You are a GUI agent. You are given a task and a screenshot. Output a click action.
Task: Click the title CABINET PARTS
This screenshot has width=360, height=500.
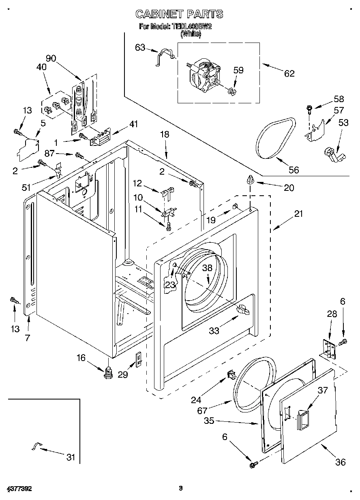point(179,14)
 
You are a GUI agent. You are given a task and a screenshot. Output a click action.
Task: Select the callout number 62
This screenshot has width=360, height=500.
point(289,73)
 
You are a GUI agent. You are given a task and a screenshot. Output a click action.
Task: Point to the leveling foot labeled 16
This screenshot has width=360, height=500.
point(108,372)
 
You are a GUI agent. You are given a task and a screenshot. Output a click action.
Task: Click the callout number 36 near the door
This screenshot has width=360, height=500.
point(341,462)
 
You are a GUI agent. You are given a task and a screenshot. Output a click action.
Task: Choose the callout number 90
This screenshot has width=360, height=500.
point(51,58)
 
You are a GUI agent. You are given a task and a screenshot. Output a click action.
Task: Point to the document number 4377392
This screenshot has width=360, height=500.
point(19,489)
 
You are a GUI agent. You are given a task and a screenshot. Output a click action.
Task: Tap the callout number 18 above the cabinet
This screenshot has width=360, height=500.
point(165,135)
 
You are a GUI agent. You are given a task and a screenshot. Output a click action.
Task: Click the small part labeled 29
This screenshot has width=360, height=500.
point(138,359)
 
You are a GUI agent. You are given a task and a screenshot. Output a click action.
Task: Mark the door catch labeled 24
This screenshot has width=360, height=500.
point(231,375)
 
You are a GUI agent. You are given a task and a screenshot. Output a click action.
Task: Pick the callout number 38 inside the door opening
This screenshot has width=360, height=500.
point(208,268)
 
